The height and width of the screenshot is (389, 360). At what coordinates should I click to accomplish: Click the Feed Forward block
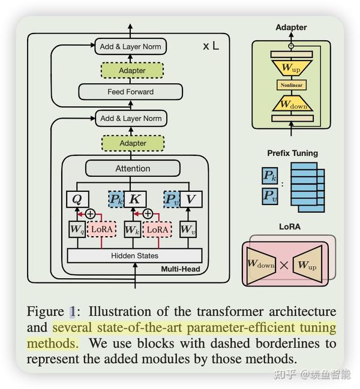pos(131,92)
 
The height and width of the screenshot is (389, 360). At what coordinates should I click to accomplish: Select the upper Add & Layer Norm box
pos(131,46)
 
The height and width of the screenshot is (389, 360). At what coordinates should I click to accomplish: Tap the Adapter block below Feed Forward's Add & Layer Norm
pos(133,143)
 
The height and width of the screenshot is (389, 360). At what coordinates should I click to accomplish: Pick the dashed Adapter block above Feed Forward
pos(132,71)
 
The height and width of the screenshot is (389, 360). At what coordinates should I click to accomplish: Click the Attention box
pos(133,168)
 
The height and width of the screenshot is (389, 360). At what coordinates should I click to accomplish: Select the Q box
pos(77,199)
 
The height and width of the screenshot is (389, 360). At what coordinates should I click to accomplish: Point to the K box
pos(135,199)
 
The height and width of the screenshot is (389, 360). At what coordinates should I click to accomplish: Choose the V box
pos(191,199)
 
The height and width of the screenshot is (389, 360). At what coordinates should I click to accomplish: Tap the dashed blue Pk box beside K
pos(116,199)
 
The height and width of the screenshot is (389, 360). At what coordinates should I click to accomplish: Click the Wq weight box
pos(77,229)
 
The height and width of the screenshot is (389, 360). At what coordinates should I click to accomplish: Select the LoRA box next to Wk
pos(157,230)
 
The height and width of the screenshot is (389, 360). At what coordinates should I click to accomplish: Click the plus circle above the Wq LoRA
pos(91,214)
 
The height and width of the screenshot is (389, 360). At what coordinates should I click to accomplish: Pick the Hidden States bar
pos(134,255)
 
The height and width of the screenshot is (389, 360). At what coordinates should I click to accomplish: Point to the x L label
pos(211,46)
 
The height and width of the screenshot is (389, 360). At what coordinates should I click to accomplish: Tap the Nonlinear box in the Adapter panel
pos(292,85)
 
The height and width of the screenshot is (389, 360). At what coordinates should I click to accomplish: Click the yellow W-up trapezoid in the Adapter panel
pos(292,67)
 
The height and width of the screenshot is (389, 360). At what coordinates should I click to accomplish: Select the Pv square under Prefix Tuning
pos(270,197)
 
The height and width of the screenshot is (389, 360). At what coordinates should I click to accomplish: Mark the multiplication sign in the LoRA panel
pos(284,266)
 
